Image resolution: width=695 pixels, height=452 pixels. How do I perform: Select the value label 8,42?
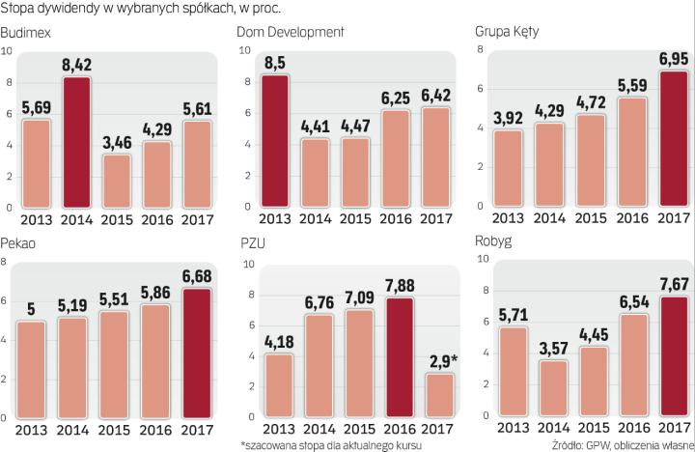point(83,66)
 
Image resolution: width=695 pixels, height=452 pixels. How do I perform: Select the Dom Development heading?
point(292,34)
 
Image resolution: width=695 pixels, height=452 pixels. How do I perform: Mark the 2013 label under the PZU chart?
point(278,429)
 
